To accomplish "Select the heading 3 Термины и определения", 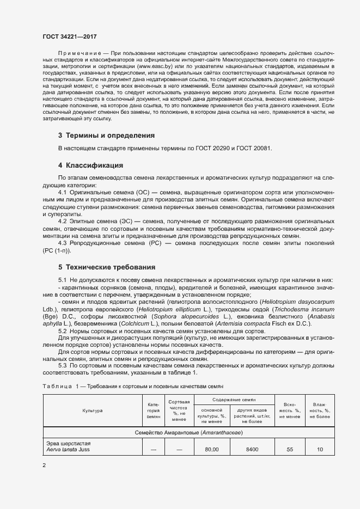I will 107,135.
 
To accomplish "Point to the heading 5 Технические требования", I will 107,267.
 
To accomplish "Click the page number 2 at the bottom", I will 44,465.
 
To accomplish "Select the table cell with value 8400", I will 252,450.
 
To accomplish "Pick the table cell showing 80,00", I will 211,450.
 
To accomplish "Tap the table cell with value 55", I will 289,450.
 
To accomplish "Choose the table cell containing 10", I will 320,450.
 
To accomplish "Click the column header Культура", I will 93,410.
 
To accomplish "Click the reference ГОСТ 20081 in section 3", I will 252,149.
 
